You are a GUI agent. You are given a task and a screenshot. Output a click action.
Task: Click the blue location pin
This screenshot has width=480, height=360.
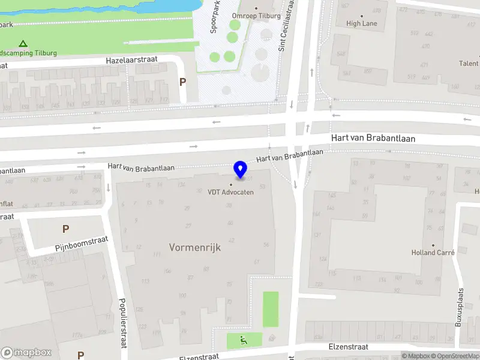241,169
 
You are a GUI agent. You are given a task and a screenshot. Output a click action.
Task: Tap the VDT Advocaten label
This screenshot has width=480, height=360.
230,192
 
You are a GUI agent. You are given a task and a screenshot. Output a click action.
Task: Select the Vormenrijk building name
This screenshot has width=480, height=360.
195,247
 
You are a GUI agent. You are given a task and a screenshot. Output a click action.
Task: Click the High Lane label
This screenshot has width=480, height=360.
362,23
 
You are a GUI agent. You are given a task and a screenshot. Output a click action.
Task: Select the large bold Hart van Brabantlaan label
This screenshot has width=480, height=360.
373,139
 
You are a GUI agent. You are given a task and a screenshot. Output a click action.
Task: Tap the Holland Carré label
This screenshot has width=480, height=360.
433,253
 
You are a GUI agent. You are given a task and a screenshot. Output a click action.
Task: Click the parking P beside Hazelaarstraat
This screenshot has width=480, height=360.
182,82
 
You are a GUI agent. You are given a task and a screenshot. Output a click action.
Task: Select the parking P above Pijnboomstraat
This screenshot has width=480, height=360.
65,229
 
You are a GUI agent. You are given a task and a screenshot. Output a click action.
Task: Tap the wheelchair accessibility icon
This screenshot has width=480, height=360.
244,341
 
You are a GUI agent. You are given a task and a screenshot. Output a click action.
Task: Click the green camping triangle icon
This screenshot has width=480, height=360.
23,43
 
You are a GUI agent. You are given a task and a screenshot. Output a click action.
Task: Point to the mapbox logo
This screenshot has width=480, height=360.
26,353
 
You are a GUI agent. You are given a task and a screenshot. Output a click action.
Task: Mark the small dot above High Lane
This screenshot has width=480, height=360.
362,16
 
